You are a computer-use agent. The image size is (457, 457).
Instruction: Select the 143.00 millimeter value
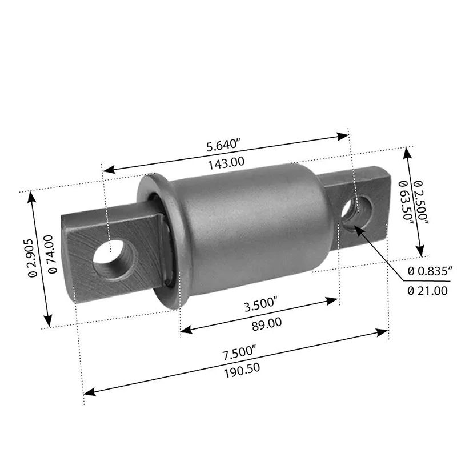226,162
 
